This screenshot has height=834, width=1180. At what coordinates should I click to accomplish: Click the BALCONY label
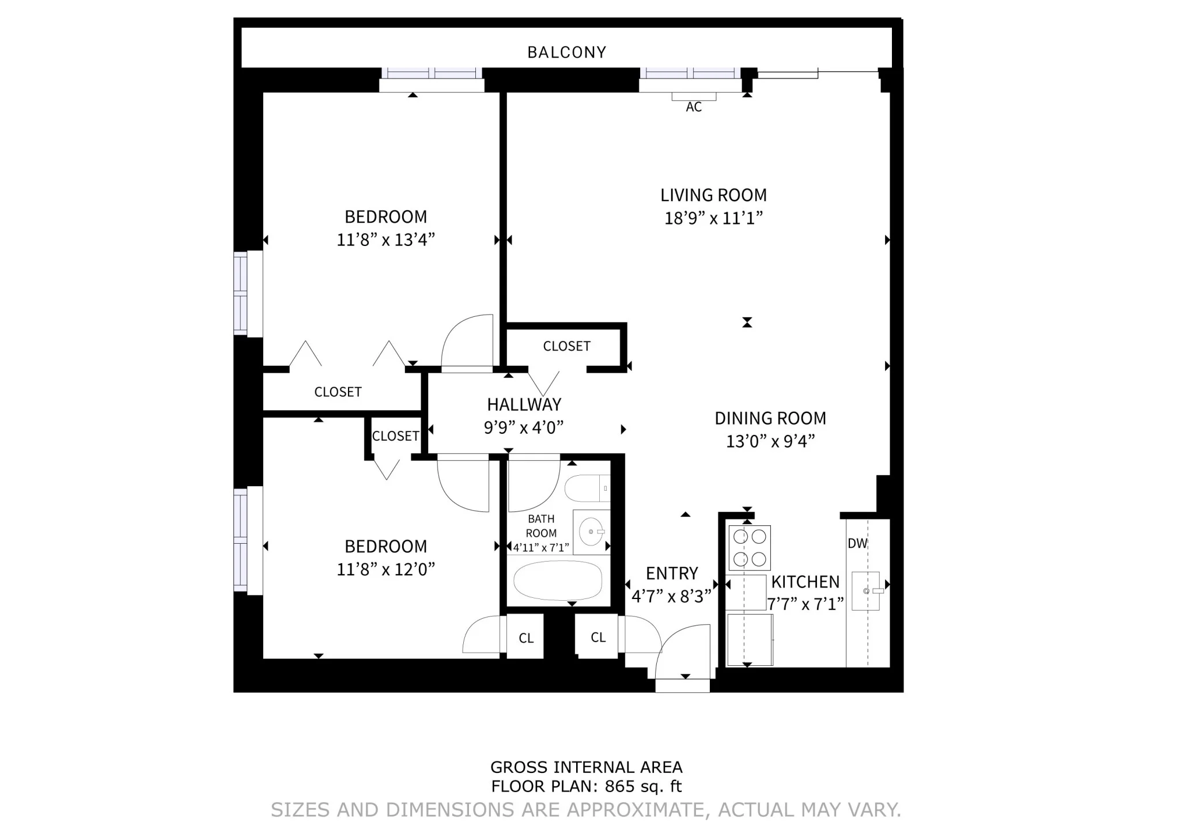tap(566, 52)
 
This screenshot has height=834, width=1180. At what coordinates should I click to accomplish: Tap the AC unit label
tap(694, 107)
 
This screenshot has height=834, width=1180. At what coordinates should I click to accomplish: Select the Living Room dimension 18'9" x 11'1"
tap(713, 218)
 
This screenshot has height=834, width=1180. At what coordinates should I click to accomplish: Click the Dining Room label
tap(770, 418)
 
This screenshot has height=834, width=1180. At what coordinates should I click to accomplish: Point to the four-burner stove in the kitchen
tap(750, 548)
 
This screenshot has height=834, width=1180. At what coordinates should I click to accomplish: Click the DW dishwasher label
tap(857, 543)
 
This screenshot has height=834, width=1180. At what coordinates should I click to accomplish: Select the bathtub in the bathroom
tap(558, 581)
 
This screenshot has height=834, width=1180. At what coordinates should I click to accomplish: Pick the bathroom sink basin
tap(590, 532)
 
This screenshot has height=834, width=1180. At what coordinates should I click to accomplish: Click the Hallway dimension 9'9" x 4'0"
tap(523, 427)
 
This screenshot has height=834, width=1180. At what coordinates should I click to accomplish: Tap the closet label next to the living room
tap(566, 346)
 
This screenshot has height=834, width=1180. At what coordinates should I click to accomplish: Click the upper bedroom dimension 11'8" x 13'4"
tap(385, 240)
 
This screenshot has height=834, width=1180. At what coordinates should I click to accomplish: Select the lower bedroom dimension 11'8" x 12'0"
tap(385, 569)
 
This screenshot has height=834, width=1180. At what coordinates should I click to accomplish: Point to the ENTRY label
tap(672, 574)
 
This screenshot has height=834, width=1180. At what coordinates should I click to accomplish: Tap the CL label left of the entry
tap(598, 638)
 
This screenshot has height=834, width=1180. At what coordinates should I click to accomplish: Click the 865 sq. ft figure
tap(643, 786)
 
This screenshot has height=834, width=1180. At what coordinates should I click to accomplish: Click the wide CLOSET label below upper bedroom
tap(338, 392)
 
